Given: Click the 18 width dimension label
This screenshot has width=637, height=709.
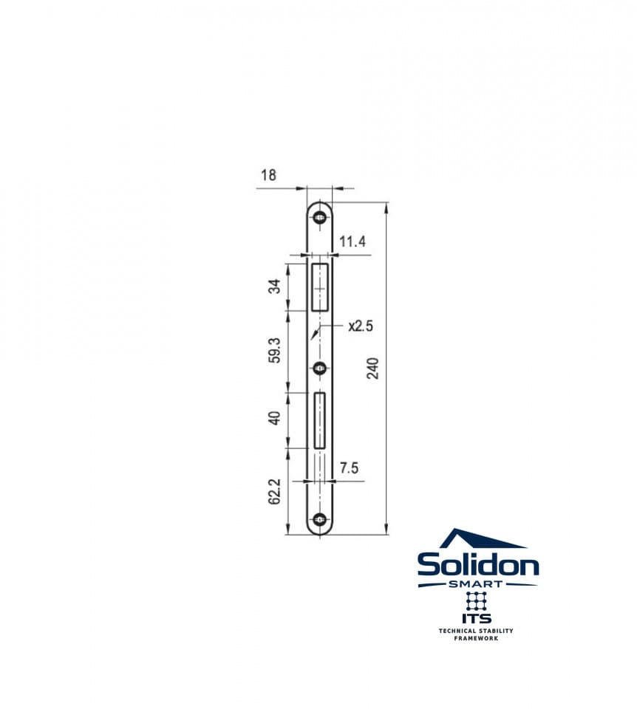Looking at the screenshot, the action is [268, 174].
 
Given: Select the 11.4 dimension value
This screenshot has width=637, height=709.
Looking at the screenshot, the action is [352, 242].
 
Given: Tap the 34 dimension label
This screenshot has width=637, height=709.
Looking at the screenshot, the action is [275, 287].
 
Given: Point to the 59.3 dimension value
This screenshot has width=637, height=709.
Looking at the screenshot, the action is [275, 350].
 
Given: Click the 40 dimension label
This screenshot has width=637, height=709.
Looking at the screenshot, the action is [275, 417].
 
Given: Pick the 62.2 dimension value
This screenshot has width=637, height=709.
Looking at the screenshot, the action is [275, 492].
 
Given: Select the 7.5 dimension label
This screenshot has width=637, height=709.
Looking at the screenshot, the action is [350, 467].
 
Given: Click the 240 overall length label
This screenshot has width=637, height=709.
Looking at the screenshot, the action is [372, 368].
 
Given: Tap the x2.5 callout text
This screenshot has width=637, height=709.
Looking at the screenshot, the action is [361, 326].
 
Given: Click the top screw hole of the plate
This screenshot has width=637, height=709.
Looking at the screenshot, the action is [320, 218].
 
